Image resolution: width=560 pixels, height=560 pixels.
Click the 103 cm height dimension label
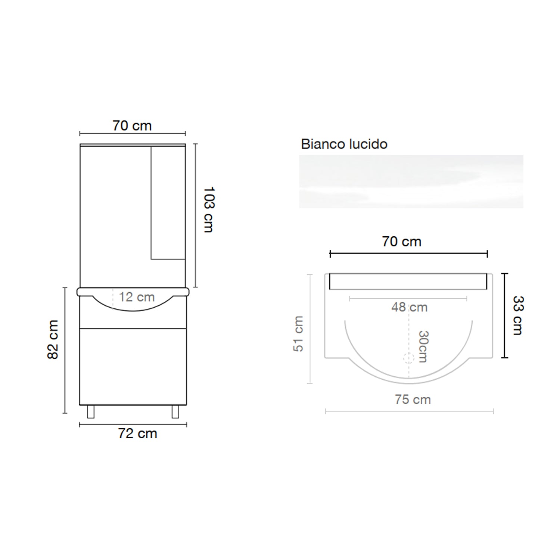coord(208,209)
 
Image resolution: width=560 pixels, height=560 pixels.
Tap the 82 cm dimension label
coord(53,339)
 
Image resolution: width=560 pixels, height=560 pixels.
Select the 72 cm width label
coord(137,433)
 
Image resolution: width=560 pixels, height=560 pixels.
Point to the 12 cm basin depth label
coord(137,297)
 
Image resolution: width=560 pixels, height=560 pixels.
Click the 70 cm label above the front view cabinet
coord(132,126)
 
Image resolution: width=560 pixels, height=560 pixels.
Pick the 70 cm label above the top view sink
coord(401,242)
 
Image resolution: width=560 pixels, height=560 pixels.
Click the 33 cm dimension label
coord(518,315)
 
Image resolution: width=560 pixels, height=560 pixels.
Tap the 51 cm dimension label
coord(298,333)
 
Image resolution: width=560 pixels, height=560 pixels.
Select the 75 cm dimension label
coord(413,399)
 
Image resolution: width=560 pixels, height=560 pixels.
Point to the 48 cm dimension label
coord(409,307)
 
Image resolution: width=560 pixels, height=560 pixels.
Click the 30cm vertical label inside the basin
coord(423,346)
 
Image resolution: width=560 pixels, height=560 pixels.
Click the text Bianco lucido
coord(344,144)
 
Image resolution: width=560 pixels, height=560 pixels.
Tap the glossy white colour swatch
coord(411,182)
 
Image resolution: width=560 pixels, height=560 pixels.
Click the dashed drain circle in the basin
coord(409,358)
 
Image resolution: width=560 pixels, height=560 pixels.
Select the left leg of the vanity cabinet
coord(91,411)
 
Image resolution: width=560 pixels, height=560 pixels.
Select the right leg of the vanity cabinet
coord(175,411)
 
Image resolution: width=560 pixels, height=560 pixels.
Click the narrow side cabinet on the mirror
coord(168,202)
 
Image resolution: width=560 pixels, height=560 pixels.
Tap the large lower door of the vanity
coord(133,366)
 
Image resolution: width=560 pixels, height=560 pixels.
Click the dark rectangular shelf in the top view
coord(408,281)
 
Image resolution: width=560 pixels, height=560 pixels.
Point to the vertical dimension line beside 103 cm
coord(196,215)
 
